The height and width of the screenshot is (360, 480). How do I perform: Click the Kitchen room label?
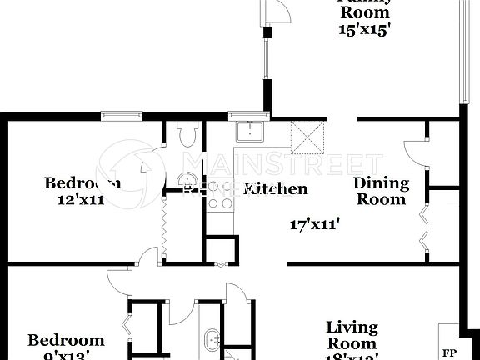coord(274,189)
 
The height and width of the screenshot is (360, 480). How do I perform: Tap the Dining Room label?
coord(381,191)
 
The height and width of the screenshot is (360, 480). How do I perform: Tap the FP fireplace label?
coord(448,352)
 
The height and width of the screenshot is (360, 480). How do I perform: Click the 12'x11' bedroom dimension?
coord(80,200)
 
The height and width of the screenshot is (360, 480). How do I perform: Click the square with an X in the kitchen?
coord(307,133)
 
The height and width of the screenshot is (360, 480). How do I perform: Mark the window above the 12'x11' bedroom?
coord(126,115)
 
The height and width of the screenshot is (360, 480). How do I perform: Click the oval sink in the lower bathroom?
coord(212,341)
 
